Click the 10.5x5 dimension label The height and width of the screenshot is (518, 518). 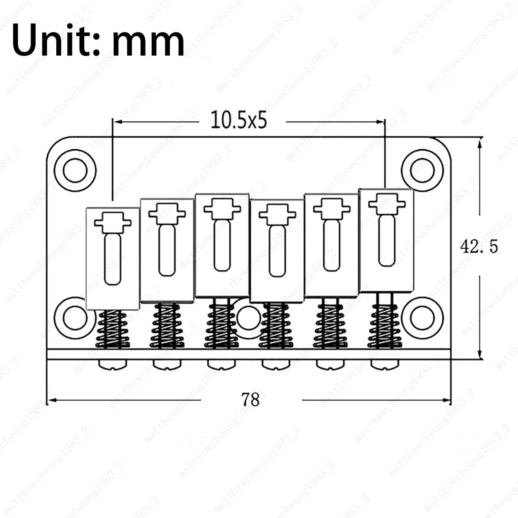239,120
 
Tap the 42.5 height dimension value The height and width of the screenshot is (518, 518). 479,247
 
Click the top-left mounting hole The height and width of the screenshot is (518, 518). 75,170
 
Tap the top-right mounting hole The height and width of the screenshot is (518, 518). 422,170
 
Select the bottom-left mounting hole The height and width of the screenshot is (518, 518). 75,318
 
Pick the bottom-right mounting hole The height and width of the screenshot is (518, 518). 422,318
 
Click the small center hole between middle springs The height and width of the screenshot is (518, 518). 249,318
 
